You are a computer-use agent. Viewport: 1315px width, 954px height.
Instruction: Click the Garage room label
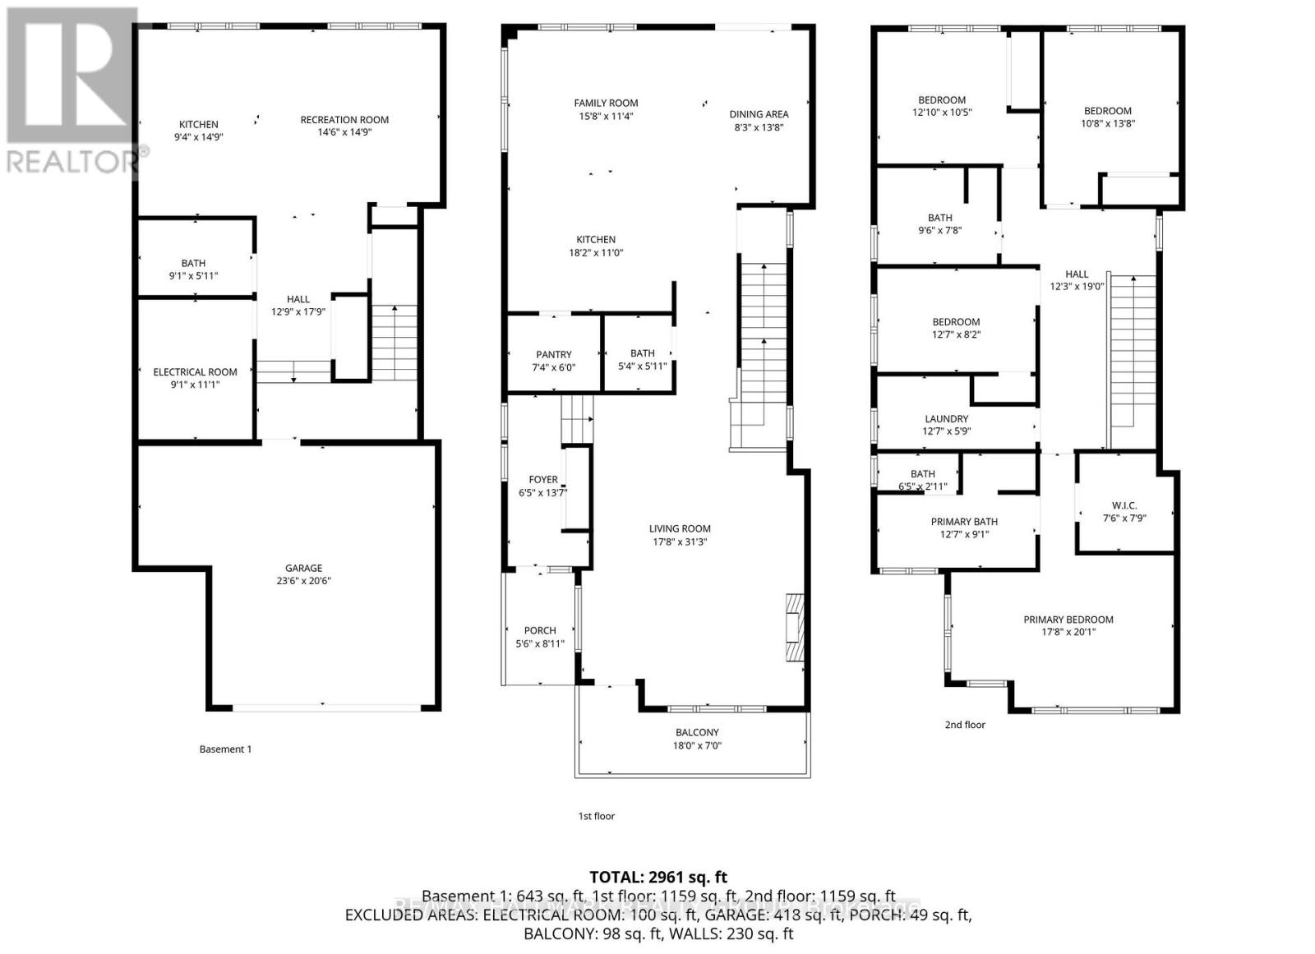tap(303, 568)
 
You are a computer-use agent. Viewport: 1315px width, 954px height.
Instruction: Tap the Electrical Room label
tap(195, 372)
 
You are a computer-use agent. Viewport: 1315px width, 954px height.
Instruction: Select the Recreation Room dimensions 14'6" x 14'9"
tap(344, 132)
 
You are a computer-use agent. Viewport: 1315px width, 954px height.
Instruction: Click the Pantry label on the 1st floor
tap(553, 354)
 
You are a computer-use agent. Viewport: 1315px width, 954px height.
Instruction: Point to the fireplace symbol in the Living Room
tap(793, 627)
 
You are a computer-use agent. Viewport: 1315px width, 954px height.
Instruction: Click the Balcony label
tap(697, 732)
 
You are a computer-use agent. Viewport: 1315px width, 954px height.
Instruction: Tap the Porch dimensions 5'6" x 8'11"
tap(540, 643)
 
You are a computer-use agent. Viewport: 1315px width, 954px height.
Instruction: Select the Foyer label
tap(543, 480)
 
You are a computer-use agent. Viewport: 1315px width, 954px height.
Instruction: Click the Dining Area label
tap(759, 114)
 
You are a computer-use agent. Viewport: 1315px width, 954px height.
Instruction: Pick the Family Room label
tap(606, 103)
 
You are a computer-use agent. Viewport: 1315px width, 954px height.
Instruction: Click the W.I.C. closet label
tap(1124, 505)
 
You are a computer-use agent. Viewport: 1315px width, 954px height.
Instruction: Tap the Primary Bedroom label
tap(1068, 620)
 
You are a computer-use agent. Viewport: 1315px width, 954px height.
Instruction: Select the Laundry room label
tap(946, 418)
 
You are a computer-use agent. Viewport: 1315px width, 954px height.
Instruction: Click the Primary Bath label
tap(964, 522)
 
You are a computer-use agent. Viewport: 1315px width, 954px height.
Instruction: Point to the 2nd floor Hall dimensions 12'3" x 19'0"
tap(1077, 287)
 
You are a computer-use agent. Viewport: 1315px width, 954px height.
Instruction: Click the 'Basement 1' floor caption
tap(225, 749)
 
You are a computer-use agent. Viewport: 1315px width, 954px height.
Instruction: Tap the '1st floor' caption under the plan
tap(596, 816)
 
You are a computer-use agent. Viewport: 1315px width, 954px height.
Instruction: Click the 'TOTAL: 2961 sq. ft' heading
tap(658, 878)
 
